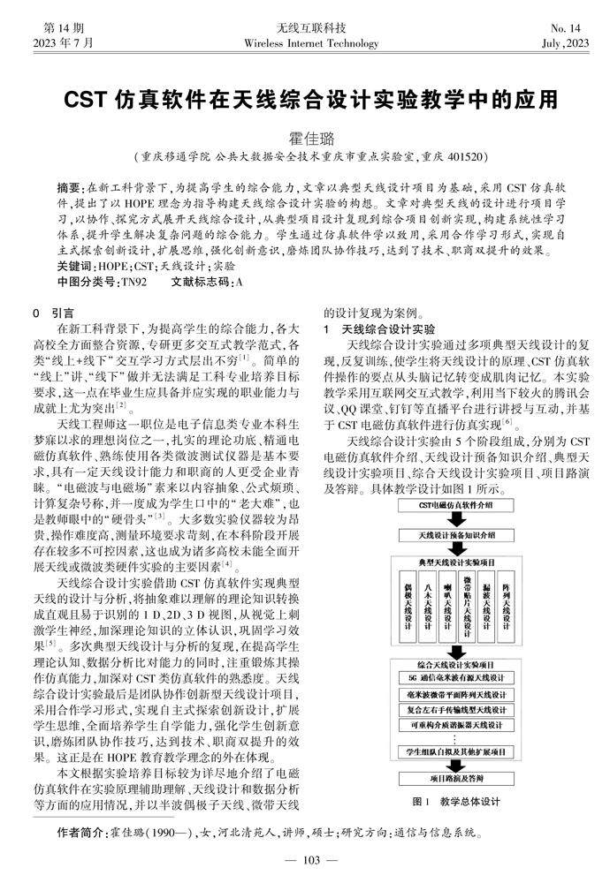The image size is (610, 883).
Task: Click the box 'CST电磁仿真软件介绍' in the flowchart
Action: (454, 505)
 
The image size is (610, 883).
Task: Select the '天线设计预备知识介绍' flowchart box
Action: (454, 534)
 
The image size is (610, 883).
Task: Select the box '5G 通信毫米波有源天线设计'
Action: (454, 678)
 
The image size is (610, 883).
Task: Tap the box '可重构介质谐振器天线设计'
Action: (454, 724)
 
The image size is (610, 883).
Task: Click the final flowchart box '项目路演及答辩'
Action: (454, 779)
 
